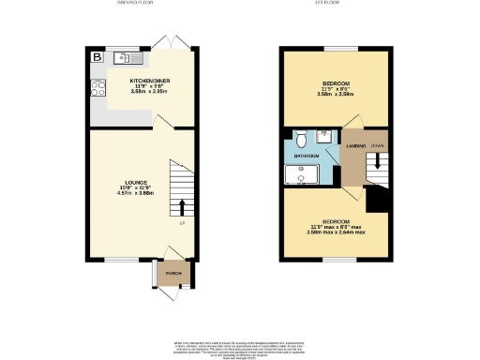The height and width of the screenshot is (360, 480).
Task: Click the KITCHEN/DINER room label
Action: point(147,81)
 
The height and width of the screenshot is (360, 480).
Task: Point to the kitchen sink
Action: point(125,59)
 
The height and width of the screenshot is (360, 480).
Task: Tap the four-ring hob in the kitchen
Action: point(97,89)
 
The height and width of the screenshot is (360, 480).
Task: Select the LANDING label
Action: point(356,146)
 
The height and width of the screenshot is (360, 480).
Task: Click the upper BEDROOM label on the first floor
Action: point(333,83)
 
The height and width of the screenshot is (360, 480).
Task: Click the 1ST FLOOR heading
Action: point(334,4)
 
